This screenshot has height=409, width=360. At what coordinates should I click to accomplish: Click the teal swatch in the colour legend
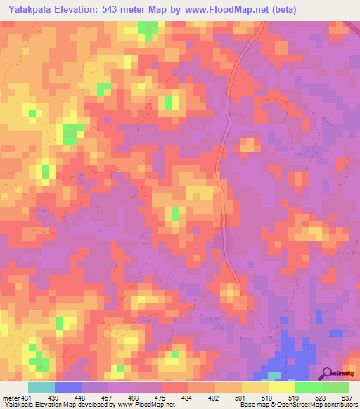(x=41, y=387)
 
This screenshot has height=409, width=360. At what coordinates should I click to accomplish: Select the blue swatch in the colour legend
(x=68, y=387)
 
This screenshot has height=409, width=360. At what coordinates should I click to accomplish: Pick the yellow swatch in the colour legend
(x=255, y=387)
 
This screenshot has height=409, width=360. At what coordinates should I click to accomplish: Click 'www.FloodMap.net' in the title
(x=218, y=9)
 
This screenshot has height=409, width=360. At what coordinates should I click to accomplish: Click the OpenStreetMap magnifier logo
(x=327, y=373)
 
